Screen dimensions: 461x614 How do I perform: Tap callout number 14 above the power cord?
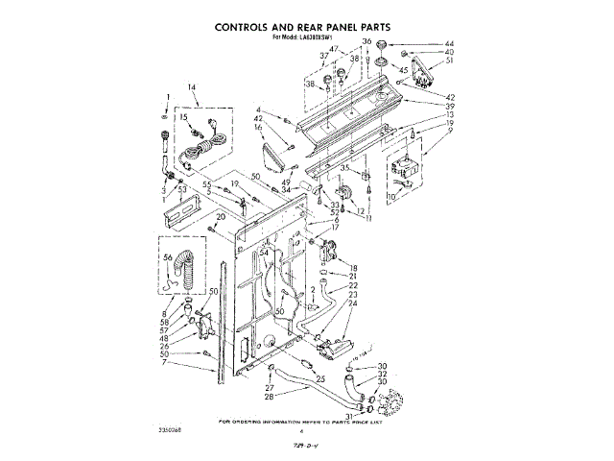[192, 88]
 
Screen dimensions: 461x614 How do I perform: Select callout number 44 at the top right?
[422, 44]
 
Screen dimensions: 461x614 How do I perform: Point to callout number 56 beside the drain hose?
[167, 257]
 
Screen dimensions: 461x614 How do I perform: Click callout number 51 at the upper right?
[423, 60]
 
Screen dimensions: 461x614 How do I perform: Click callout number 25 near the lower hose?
[320, 378]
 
